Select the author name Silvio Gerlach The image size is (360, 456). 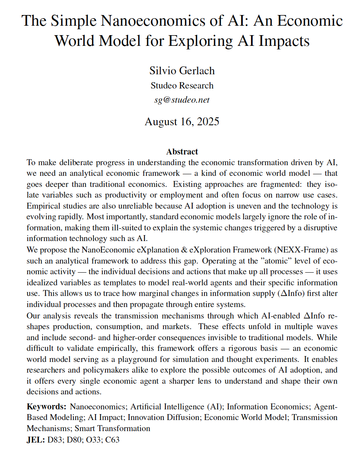[x=182, y=71]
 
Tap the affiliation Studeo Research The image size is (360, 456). [x=182, y=85]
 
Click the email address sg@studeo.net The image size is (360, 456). [x=182, y=100]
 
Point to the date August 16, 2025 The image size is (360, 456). [x=182, y=121]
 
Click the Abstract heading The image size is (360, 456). [x=182, y=152]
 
